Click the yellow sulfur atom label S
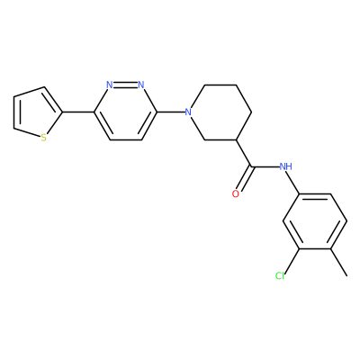tap(44, 138)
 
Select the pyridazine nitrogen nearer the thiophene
tap(110, 85)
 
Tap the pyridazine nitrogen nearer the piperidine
tap(141, 85)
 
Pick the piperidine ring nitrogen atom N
tap(188, 112)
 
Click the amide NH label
tap(285, 166)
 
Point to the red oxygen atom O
tap(236, 193)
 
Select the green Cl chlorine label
tap(280, 275)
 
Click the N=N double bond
tap(125, 85)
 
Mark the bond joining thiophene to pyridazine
tap(78, 112)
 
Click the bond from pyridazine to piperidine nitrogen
tap(170, 112)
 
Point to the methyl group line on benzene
tap(339, 262)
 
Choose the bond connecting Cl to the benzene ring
tap(292, 260)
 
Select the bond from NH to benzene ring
tap(292, 183)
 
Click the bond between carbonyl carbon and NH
tap(265, 166)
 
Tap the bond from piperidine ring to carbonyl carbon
tap(244, 153)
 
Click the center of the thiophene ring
tap(33, 112)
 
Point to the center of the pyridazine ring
tap(125, 112)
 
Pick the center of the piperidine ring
tap(220, 112)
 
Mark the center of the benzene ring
tap(315, 221)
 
